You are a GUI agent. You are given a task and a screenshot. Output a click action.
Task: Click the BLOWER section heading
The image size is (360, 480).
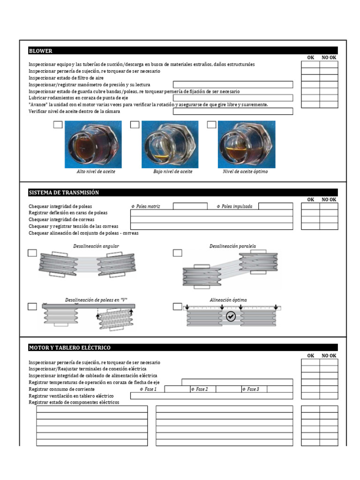(41, 51)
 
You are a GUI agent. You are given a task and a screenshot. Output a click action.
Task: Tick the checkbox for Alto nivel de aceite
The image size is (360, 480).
(58, 125)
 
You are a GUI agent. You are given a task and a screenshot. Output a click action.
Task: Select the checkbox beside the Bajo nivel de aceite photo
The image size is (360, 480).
(135, 125)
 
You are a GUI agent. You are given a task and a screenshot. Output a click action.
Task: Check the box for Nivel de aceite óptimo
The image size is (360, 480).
(211, 125)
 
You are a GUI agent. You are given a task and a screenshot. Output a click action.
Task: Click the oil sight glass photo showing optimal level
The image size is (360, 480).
(246, 144)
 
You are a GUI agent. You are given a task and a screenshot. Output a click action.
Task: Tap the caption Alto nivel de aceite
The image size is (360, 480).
(96, 172)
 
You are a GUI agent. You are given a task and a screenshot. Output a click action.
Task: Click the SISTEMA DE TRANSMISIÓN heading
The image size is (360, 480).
(64, 193)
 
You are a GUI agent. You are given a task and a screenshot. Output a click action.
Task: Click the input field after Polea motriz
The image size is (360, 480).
(190, 206)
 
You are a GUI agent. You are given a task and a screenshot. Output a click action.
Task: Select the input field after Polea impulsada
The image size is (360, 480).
(275, 206)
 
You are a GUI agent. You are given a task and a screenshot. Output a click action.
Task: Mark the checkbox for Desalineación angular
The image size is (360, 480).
(32, 253)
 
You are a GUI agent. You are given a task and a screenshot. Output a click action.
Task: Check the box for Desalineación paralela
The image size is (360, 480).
(177, 253)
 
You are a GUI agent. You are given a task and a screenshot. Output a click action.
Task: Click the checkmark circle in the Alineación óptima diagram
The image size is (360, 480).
(231, 316)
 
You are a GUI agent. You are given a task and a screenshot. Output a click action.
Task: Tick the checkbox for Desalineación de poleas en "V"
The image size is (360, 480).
(32, 307)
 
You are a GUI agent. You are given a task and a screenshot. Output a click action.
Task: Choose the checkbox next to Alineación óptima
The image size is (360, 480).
(177, 307)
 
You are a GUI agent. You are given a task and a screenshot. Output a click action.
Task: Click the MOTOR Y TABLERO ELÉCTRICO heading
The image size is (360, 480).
(69, 347)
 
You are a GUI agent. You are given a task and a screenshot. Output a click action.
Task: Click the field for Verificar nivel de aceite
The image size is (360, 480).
(232, 112)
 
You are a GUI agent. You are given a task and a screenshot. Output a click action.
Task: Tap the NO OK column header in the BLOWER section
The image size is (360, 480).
(329, 58)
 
